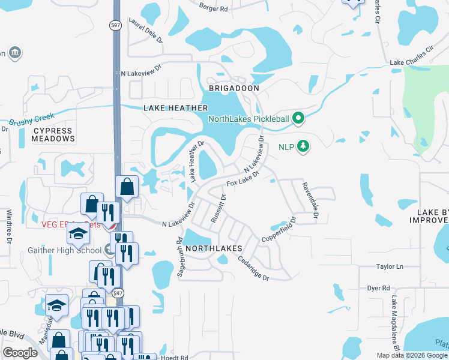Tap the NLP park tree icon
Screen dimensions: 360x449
tap(304, 146)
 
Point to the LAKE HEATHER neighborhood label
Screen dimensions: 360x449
tap(175, 108)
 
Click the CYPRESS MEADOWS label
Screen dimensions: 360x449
tap(53, 134)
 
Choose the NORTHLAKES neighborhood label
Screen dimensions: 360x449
tap(213, 248)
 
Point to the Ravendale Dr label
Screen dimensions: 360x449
tap(310, 199)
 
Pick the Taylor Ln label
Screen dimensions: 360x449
tap(390, 266)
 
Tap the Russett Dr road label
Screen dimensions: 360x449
tap(218, 208)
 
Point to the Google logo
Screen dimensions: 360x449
tap(20, 353)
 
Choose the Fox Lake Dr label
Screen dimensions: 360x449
tap(242, 178)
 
